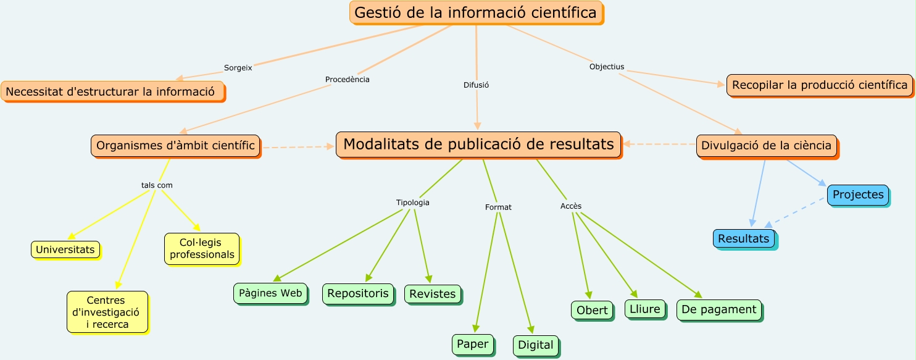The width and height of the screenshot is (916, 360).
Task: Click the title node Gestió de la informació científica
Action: point(476,12)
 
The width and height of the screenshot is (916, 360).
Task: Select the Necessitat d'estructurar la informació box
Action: point(112,91)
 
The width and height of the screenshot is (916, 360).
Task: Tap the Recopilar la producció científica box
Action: point(819,85)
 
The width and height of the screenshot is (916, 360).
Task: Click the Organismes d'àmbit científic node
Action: point(176,146)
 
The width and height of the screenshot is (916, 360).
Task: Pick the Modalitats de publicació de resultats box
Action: point(478,144)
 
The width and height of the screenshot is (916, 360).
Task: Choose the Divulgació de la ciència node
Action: point(767,146)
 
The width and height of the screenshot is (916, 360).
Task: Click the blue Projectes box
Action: point(858,195)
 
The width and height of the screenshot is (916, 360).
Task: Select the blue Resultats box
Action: point(744,238)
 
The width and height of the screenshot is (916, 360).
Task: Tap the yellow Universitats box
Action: point(65,249)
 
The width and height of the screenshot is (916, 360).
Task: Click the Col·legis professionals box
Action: point(202,249)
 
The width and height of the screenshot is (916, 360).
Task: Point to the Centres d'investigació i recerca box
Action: point(107,312)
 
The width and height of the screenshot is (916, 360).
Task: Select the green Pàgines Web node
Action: point(270,293)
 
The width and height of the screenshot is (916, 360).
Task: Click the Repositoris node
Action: point(358,293)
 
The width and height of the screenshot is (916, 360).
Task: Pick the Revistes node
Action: point(432,294)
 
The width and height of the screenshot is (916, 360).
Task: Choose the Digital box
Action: point(536,345)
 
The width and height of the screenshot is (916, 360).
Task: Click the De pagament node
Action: point(719,309)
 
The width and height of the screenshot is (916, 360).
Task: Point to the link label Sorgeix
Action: point(238,68)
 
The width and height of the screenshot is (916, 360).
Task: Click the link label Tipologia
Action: point(412,203)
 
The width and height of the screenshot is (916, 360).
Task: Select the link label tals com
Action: point(157,185)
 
